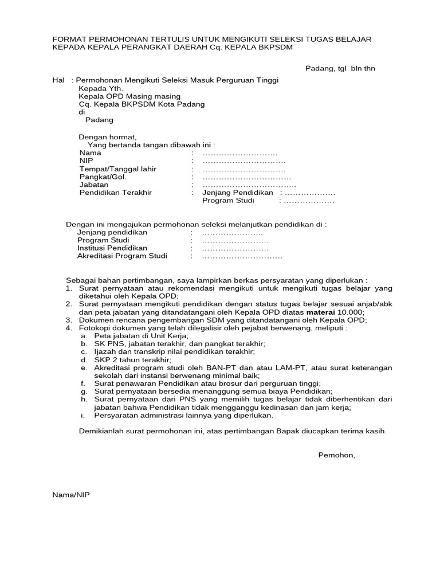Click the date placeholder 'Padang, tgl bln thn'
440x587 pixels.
pyautogui.click(x=339, y=69)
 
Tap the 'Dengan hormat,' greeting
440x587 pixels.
pyautogui.click(x=108, y=137)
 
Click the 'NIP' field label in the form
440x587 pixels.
pyautogui.click(x=86, y=161)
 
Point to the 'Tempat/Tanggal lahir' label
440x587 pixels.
pyautogui.click(x=117, y=169)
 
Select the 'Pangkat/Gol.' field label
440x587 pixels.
pyautogui.click(x=102, y=177)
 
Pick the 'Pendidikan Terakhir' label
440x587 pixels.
pyautogui.click(x=115, y=193)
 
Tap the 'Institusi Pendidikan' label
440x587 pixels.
pyautogui.click(x=112, y=248)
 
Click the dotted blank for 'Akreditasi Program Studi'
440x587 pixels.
pyautogui.click(x=242, y=256)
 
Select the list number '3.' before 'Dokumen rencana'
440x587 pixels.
pyautogui.click(x=68, y=320)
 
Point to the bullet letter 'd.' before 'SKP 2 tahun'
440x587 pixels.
pyautogui.click(x=84, y=359)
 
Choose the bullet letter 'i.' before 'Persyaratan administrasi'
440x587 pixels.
pyautogui.click(x=83, y=415)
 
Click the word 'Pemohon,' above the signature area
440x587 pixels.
pyautogui.click(x=336, y=455)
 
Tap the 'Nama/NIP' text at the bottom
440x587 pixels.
pyautogui.click(x=71, y=495)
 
